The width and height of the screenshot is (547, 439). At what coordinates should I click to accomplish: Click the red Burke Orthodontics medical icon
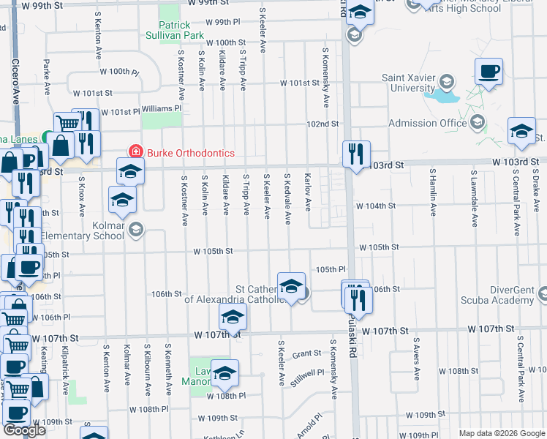(x=135, y=152)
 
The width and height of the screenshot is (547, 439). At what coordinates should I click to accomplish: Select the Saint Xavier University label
(x=408, y=83)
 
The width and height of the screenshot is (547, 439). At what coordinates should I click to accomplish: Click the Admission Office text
(x=428, y=123)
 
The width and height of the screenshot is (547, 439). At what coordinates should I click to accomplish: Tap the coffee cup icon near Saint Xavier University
(x=488, y=72)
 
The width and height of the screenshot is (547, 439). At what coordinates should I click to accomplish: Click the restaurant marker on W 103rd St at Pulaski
(x=356, y=154)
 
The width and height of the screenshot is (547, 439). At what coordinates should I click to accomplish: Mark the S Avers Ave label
(x=416, y=359)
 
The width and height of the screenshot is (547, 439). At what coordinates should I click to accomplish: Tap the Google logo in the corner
(x=24, y=430)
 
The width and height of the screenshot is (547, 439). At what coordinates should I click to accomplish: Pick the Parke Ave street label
(x=46, y=77)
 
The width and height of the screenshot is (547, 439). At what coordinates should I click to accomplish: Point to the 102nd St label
(x=322, y=124)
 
